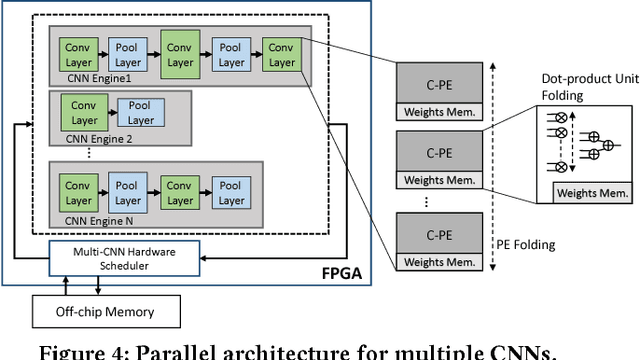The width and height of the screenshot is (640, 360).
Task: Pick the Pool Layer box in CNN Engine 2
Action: coord(140,114)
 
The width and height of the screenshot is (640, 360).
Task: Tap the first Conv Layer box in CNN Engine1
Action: coord(78,54)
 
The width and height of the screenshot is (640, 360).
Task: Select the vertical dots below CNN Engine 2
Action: coord(91,152)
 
